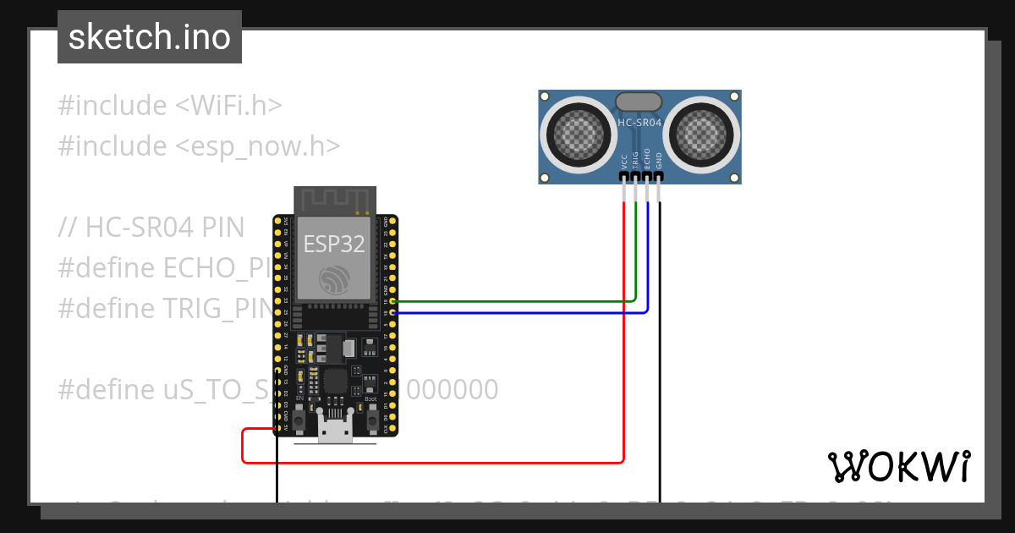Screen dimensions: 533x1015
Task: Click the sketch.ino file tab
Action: tap(150, 37)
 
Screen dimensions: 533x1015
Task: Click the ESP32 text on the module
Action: tap(334, 245)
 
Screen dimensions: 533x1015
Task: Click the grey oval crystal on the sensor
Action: tap(639, 102)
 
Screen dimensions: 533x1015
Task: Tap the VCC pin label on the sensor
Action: tap(624, 160)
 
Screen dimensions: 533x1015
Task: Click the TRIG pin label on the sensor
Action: tap(635, 160)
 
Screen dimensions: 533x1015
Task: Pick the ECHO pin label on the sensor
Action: tap(647, 159)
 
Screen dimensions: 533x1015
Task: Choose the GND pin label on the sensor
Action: tap(659, 160)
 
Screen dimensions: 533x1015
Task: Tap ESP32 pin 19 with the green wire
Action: tap(392, 301)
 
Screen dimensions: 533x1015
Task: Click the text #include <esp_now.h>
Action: tap(199, 146)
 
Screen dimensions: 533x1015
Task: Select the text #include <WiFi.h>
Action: tap(169, 106)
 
